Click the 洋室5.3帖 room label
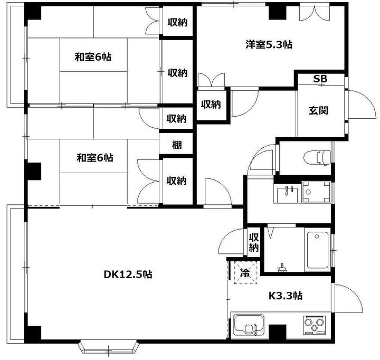tap(269, 44)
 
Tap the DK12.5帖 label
tap(128, 274)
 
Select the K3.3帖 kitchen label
tap(286, 296)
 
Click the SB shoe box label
tap(320, 79)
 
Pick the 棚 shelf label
tap(177, 145)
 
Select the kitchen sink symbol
tap(248, 326)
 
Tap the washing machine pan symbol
tap(316, 192)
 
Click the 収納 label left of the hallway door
tap(211, 104)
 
